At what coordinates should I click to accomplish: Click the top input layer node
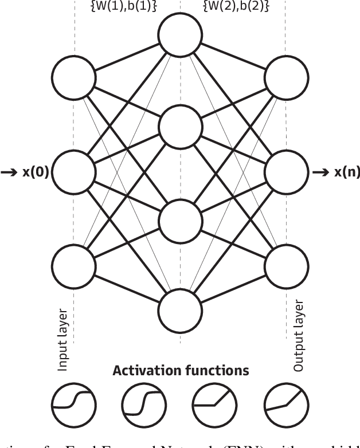(73, 77)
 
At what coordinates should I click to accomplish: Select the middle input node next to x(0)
(73, 172)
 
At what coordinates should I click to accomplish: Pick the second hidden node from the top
(181, 127)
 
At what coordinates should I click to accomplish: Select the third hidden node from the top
(181, 220)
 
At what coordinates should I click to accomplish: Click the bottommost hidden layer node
(181, 312)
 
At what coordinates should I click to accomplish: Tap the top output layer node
(287, 77)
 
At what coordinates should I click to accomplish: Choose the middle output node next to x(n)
(287, 172)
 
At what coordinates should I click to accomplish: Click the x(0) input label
(36, 172)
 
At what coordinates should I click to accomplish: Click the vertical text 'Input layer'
(63, 339)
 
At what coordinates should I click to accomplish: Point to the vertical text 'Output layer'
(298, 335)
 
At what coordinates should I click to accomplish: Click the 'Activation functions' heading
(181, 371)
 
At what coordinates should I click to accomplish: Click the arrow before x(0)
(10, 172)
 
